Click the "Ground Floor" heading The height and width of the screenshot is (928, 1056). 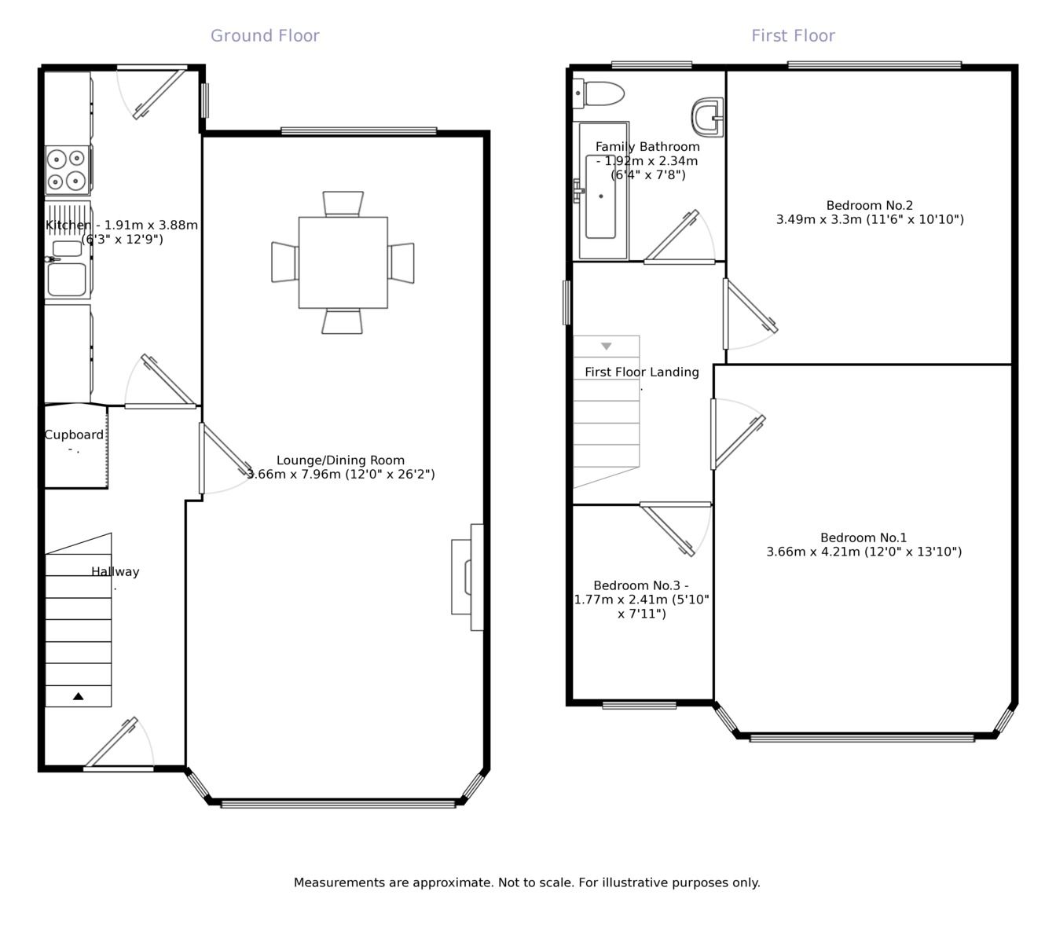pyautogui.click(x=265, y=35)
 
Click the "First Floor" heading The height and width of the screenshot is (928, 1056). pyautogui.click(x=793, y=35)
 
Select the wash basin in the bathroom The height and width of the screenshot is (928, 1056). pyautogui.click(x=708, y=117)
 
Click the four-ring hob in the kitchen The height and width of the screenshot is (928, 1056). pyautogui.click(x=67, y=170)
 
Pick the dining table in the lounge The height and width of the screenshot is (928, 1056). pyautogui.click(x=343, y=262)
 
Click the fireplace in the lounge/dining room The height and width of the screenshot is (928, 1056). pyautogui.click(x=468, y=577)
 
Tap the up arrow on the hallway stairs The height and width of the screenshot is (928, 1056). pyautogui.click(x=78, y=696)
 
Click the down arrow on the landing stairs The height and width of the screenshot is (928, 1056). pyautogui.click(x=606, y=346)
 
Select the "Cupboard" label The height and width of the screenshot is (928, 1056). pyautogui.click(x=74, y=435)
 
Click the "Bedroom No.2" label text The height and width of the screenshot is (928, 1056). pyautogui.click(x=869, y=206)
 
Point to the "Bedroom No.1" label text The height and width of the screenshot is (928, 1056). pyautogui.click(x=863, y=538)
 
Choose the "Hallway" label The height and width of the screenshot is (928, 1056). pyautogui.click(x=115, y=572)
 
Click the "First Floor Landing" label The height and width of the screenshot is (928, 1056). pyautogui.click(x=641, y=372)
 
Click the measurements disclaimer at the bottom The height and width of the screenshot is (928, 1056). pyautogui.click(x=526, y=882)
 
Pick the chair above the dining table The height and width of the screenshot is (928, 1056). pyautogui.click(x=343, y=203)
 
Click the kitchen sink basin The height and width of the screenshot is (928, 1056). pyautogui.click(x=67, y=279)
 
